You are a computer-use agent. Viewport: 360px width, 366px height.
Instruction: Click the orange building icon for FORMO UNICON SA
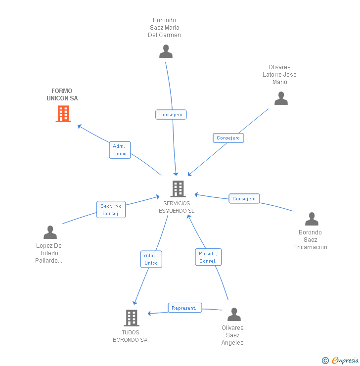click(x=63, y=114)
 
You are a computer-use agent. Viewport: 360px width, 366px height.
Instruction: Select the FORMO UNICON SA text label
click(x=62, y=94)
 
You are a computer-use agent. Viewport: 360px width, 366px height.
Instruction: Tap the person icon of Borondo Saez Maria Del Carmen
click(x=166, y=51)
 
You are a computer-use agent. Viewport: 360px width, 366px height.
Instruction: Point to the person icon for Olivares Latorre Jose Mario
click(x=281, y=98)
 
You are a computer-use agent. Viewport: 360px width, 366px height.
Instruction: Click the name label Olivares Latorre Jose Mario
click(x=279, y=75)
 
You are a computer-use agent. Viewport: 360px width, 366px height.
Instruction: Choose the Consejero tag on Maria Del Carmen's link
click(x=171, y=115)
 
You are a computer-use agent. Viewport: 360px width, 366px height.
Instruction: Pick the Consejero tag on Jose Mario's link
click(x=228, y=138)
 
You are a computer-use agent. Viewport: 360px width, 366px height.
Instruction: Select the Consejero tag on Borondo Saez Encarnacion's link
click(x=244, y=199)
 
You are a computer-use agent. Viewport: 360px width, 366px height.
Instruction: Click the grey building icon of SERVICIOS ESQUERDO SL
click(x=178, y=188)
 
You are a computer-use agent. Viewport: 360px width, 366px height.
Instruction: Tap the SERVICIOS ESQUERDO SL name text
click(x=178, y=207)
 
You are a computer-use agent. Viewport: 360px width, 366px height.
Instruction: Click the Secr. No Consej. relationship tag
click(x=111, y=210)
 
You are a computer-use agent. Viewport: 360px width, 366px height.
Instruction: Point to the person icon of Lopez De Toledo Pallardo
click(x=50, y=232)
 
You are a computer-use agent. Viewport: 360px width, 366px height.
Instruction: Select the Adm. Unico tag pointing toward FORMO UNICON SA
click(x=120, y=150)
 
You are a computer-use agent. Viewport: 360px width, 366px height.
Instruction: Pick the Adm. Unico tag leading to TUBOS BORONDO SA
click(x=151, y=259)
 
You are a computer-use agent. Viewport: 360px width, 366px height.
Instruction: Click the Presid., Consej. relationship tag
click(x=208, y=257)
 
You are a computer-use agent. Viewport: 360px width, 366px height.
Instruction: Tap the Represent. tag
click(x=184, y=308)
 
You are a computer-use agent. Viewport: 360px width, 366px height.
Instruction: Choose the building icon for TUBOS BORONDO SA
click(x=131, y=318)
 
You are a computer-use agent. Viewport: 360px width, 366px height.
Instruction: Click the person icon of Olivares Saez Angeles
click(x=233, y=315)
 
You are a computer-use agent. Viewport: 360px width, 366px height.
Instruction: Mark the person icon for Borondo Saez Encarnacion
click(x=312, y=219)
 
